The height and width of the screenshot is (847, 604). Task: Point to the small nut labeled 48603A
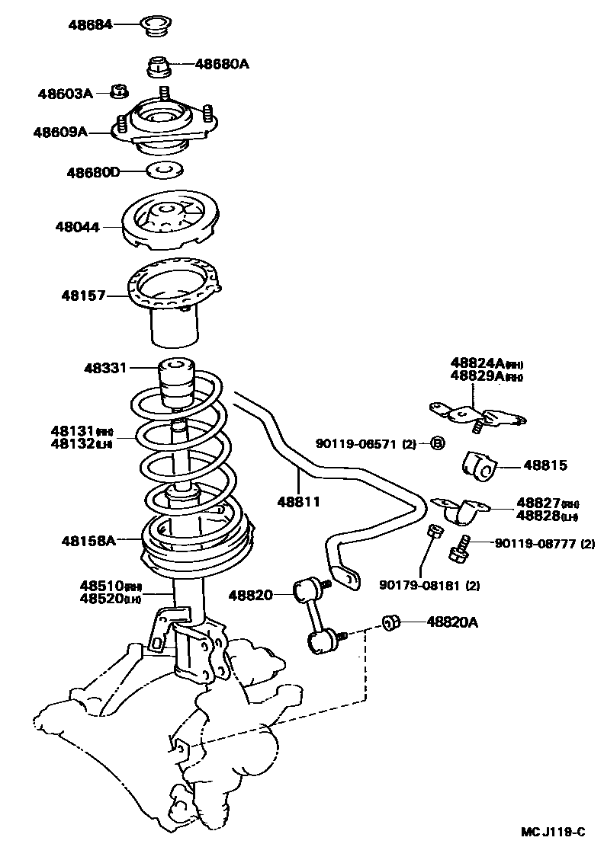118,92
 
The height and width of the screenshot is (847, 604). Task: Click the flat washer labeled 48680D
163,170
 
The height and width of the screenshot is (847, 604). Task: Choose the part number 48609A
60,132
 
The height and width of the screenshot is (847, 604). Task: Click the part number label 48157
83,295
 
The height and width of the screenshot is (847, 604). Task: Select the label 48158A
88,541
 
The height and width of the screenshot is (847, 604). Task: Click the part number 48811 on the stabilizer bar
298,502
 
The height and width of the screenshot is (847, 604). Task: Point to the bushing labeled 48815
478,465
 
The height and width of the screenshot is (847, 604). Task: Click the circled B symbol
437,443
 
